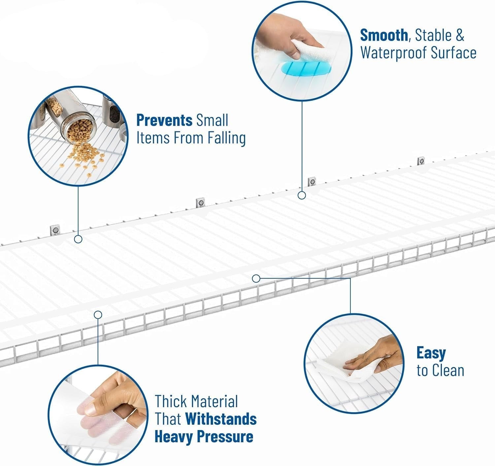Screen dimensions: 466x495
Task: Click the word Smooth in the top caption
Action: (x=383, y=35)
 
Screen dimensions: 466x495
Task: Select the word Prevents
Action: (x=164, y=120)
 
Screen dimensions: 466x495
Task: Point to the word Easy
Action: (x=431, y=353)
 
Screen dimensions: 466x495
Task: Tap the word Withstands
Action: (x=221, y=419)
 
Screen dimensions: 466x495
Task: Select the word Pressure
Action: (x=225, y=437)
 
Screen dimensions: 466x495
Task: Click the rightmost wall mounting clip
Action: (x=421, y=161)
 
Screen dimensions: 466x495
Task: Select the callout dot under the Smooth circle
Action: (x=302, y=195)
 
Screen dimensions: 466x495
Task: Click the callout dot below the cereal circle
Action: (x=78, y=239)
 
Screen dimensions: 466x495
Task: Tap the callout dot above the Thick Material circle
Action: (x=98, y=314)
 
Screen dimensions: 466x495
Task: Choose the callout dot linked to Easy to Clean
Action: (x=256, y=278)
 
